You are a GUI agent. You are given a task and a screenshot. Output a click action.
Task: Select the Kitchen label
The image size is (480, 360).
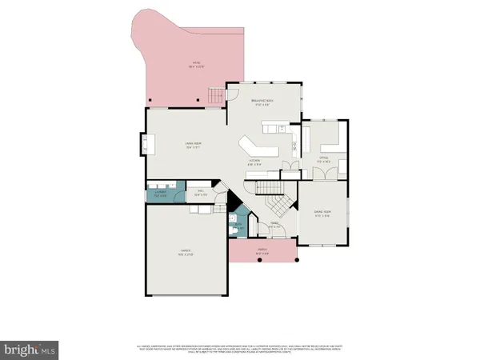coord(255,162)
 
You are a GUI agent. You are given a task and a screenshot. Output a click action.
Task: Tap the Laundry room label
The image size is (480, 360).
coord(160,193)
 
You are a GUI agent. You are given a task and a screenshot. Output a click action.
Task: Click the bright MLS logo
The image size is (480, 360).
coord(30,350)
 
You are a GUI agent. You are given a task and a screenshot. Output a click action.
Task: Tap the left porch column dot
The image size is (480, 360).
coord(230,261)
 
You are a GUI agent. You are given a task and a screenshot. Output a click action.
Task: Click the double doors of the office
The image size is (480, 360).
coord(290,167)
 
